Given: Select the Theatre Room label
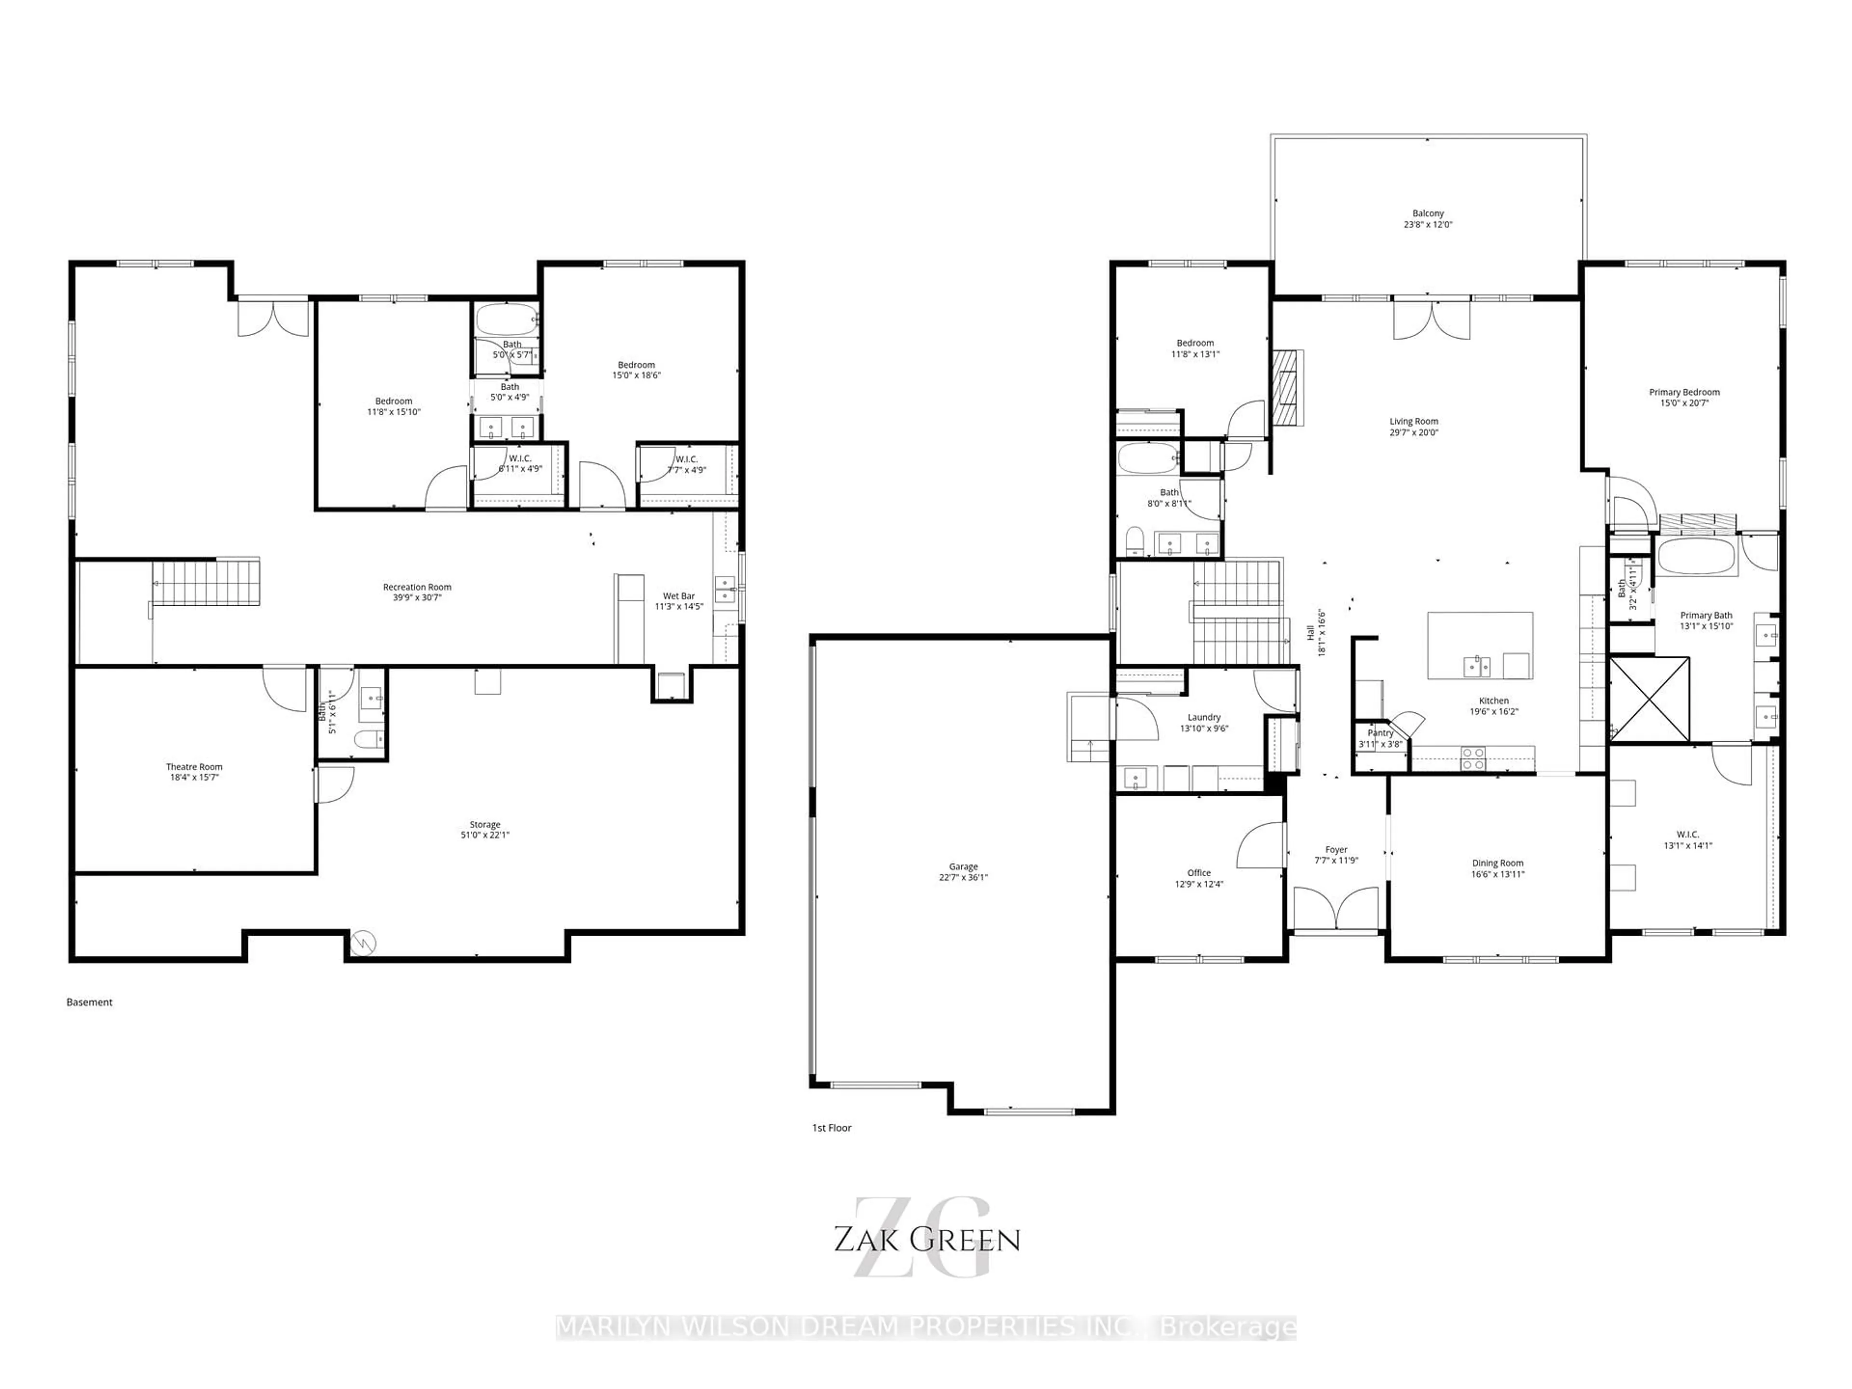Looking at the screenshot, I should coord(194,766).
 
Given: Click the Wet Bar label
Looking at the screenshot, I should coord(678,596).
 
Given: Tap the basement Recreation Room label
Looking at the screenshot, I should coord(417,587).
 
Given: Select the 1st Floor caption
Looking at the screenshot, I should coord(831,1128).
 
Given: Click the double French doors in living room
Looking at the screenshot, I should coord(1432,321).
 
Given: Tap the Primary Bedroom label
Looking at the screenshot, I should coord(1684,392).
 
